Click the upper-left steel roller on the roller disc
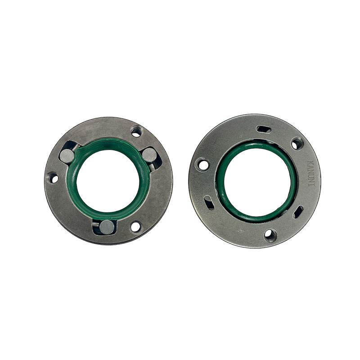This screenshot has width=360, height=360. tap(67, 156)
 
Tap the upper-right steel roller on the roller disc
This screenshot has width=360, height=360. tap(149, 155)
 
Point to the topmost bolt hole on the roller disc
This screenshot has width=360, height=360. tap(136, 131)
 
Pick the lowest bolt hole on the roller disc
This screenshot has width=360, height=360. tap(135, 227)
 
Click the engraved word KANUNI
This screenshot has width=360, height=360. tap(311, 173)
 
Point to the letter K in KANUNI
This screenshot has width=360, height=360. tap(311, 162)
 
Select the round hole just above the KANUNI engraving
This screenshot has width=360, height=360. tap(297, 144)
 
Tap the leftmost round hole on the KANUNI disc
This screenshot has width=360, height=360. tap(203, 165)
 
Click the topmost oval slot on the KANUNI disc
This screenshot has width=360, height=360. tap(264, 129)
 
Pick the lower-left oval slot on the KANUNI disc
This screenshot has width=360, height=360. tap(209, 202)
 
